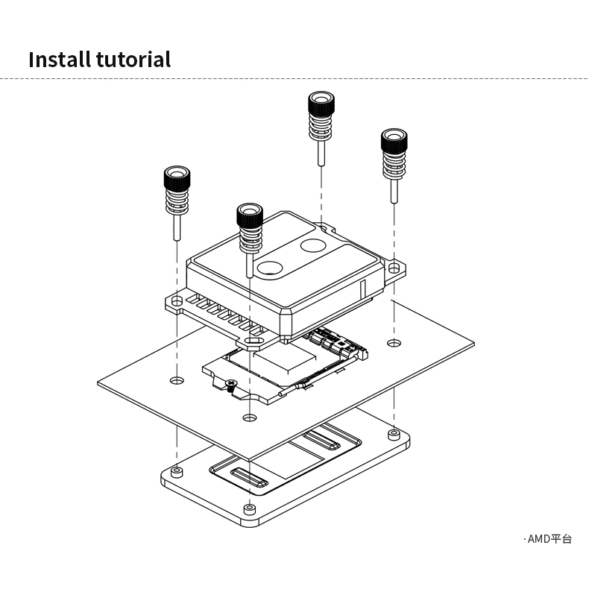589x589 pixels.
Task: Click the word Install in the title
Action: click(59, 59)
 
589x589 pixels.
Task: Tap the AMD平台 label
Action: click(549, 539)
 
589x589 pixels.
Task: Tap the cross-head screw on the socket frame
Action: click(231, 385)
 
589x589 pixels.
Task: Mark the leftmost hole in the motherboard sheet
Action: click(176, 380)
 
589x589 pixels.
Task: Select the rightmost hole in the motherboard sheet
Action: click(393, 343)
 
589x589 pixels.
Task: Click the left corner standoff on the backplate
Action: click(176, 472)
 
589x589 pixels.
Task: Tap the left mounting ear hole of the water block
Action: click(177, 300)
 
